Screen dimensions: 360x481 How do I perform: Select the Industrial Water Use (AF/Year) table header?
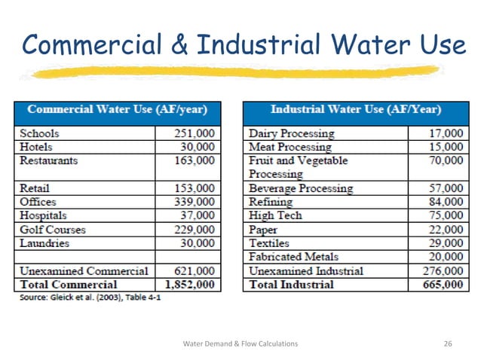click(355, 110)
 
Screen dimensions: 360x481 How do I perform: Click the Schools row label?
click(39, 133)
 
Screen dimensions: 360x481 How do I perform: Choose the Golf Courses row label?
click(53, 230)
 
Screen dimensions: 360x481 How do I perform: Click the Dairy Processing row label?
click(291, 133)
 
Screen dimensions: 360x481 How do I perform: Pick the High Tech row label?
click(275, 215)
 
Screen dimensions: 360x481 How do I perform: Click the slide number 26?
click(448, 343)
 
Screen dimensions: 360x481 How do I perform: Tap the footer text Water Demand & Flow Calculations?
click(240, 343)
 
